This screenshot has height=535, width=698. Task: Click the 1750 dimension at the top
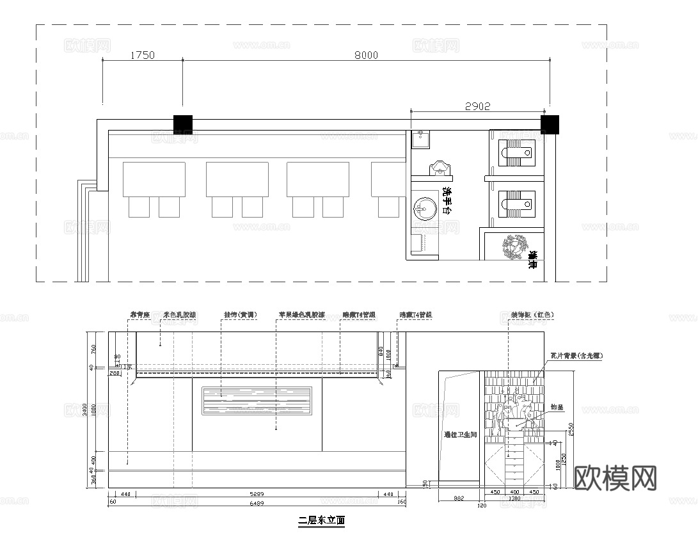coord(142,56)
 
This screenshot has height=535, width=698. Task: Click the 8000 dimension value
coord(366,56)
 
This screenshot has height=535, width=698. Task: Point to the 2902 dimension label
coord(477,107)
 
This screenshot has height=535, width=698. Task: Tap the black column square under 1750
coord(183,124)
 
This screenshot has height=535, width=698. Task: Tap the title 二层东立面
coord(321,520)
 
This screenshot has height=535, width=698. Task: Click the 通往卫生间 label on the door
coord(461,435)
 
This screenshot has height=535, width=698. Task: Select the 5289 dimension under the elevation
coord(255,494)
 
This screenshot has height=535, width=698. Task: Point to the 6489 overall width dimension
coord(255,504)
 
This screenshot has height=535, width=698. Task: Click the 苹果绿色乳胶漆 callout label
coord(301,315)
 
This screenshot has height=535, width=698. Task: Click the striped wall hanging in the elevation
coord(257,401)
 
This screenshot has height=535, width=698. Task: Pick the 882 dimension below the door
coord(459,498)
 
